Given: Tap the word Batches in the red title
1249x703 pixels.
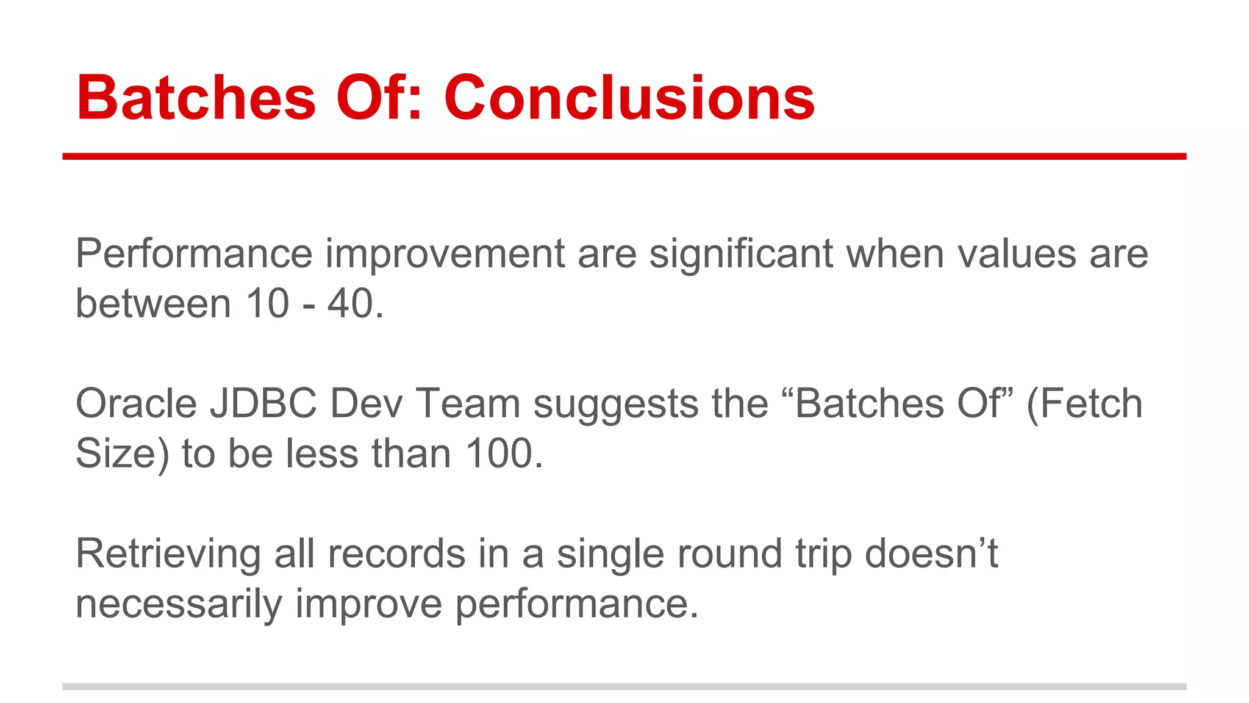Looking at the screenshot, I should click(x=196, y=98).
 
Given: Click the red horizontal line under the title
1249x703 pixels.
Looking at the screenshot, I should click(x=624, y=157).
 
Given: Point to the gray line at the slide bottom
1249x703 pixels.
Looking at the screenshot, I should click(x=624, y=687).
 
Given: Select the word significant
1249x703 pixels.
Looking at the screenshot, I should click(x=740, y=254).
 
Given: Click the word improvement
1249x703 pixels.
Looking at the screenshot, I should click(x=445, y=254).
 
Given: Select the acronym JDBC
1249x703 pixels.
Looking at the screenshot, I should click(x=263, y=404).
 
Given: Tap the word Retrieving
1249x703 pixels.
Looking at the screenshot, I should click(x=168, y=555).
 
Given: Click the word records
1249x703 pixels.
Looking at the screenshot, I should click(x=397, y=554).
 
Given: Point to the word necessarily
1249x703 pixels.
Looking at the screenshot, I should click(x=179, y=604).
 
